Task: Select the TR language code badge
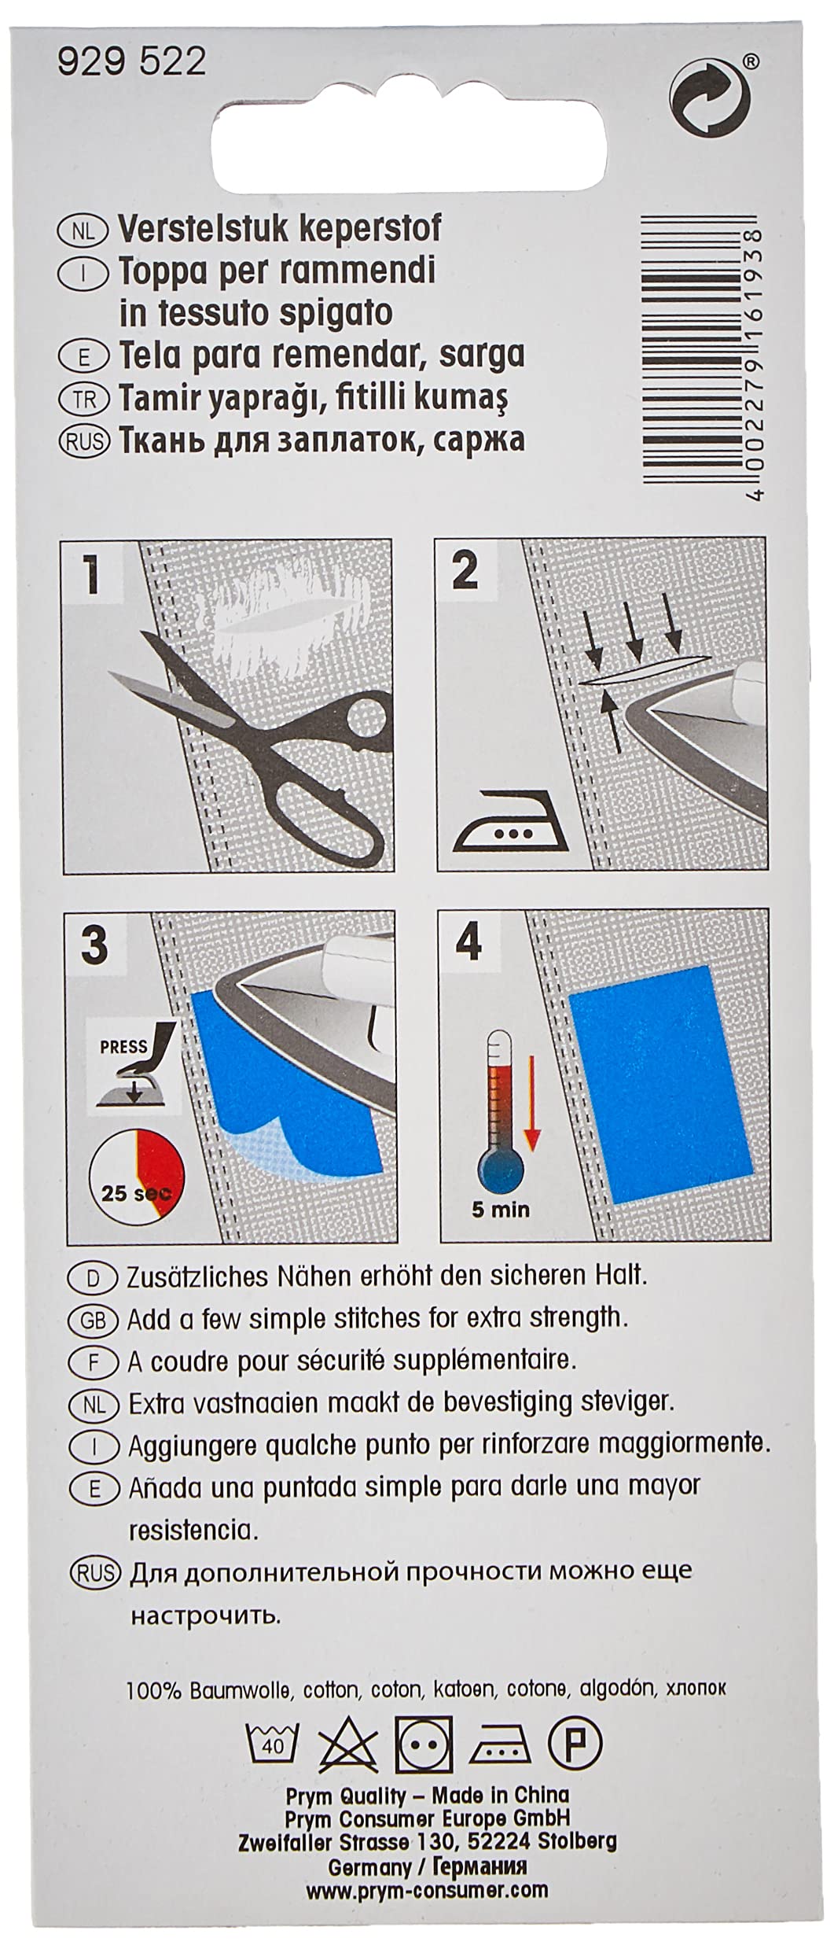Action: [82, 399]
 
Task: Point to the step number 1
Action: [92, 574]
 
